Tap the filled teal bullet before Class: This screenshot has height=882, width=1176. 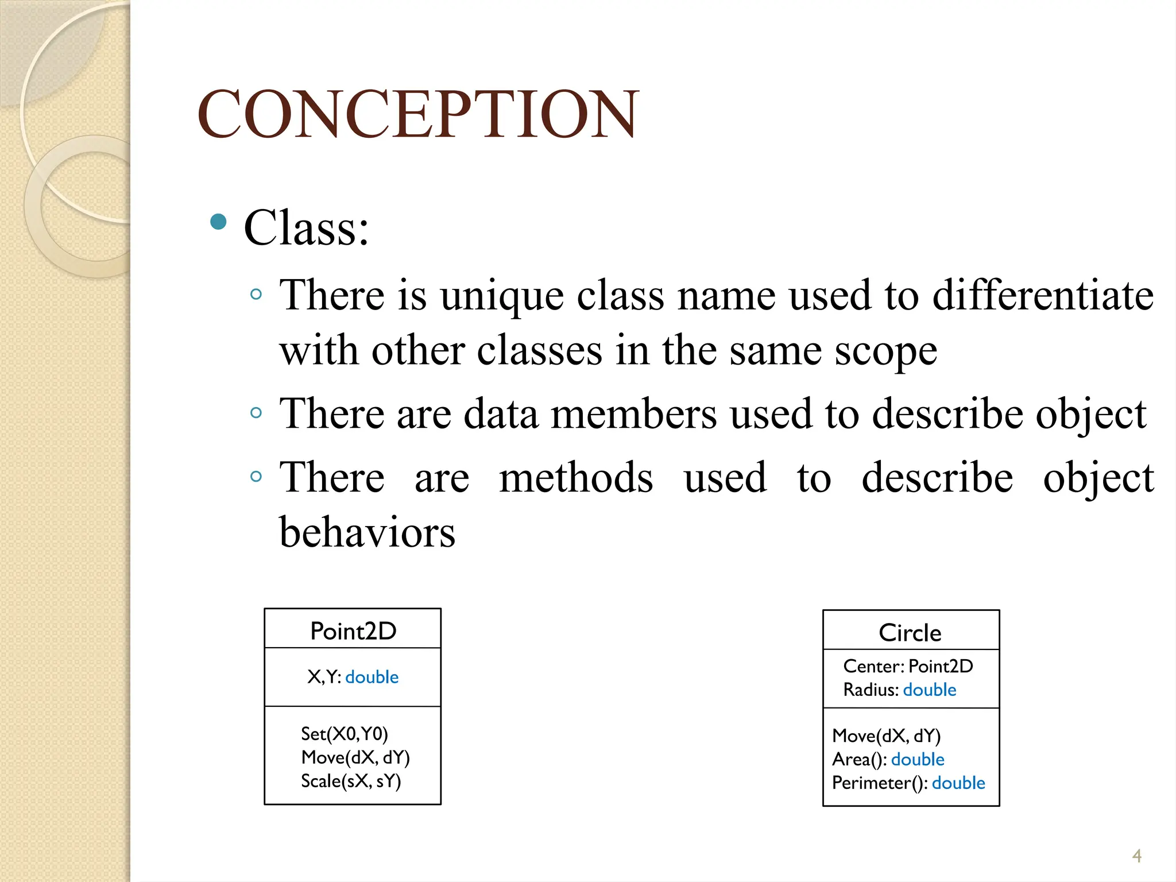click(x=218, y=222)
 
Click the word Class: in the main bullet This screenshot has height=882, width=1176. click(x=306, y=228)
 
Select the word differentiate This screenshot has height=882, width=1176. click(x=1042, y=295)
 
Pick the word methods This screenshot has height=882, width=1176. click(x=576, y=478)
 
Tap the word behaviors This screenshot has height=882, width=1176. click(x=367, y=532)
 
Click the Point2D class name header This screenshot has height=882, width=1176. click(x=353, y=630)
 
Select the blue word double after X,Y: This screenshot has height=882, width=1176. click(x=372, y=677)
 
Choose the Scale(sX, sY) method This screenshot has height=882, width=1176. click(x=351, y=781)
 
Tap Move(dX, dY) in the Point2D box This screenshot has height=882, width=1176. click(x=355, y=757)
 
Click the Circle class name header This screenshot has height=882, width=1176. click(x=910, y=633)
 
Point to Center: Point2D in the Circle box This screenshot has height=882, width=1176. click(x=908, y=666)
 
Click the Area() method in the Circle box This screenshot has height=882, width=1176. click(x=859, y=760)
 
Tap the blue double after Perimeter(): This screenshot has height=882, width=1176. click(x=958, y=783)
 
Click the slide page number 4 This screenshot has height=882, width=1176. click(x=1136, y=856)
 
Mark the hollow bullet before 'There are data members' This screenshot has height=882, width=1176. click(x=256, y=413)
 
